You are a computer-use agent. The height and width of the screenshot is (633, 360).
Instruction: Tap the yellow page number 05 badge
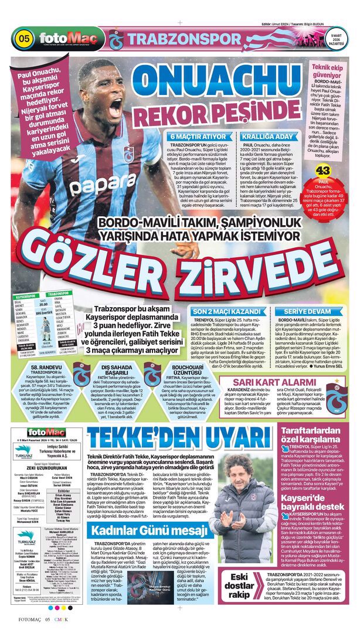coord(25,39)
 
